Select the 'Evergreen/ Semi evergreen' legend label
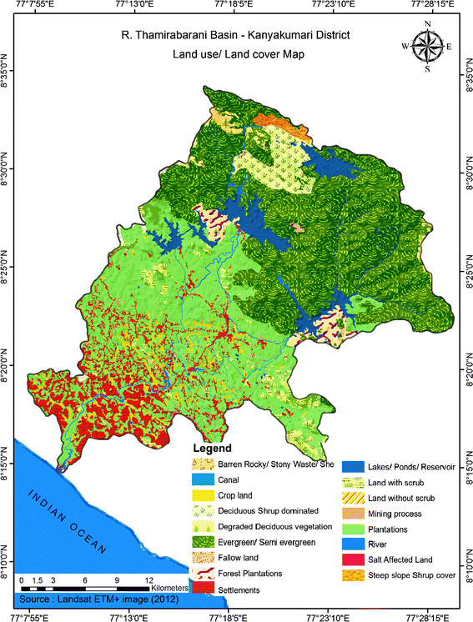click(x=266, y=542)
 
